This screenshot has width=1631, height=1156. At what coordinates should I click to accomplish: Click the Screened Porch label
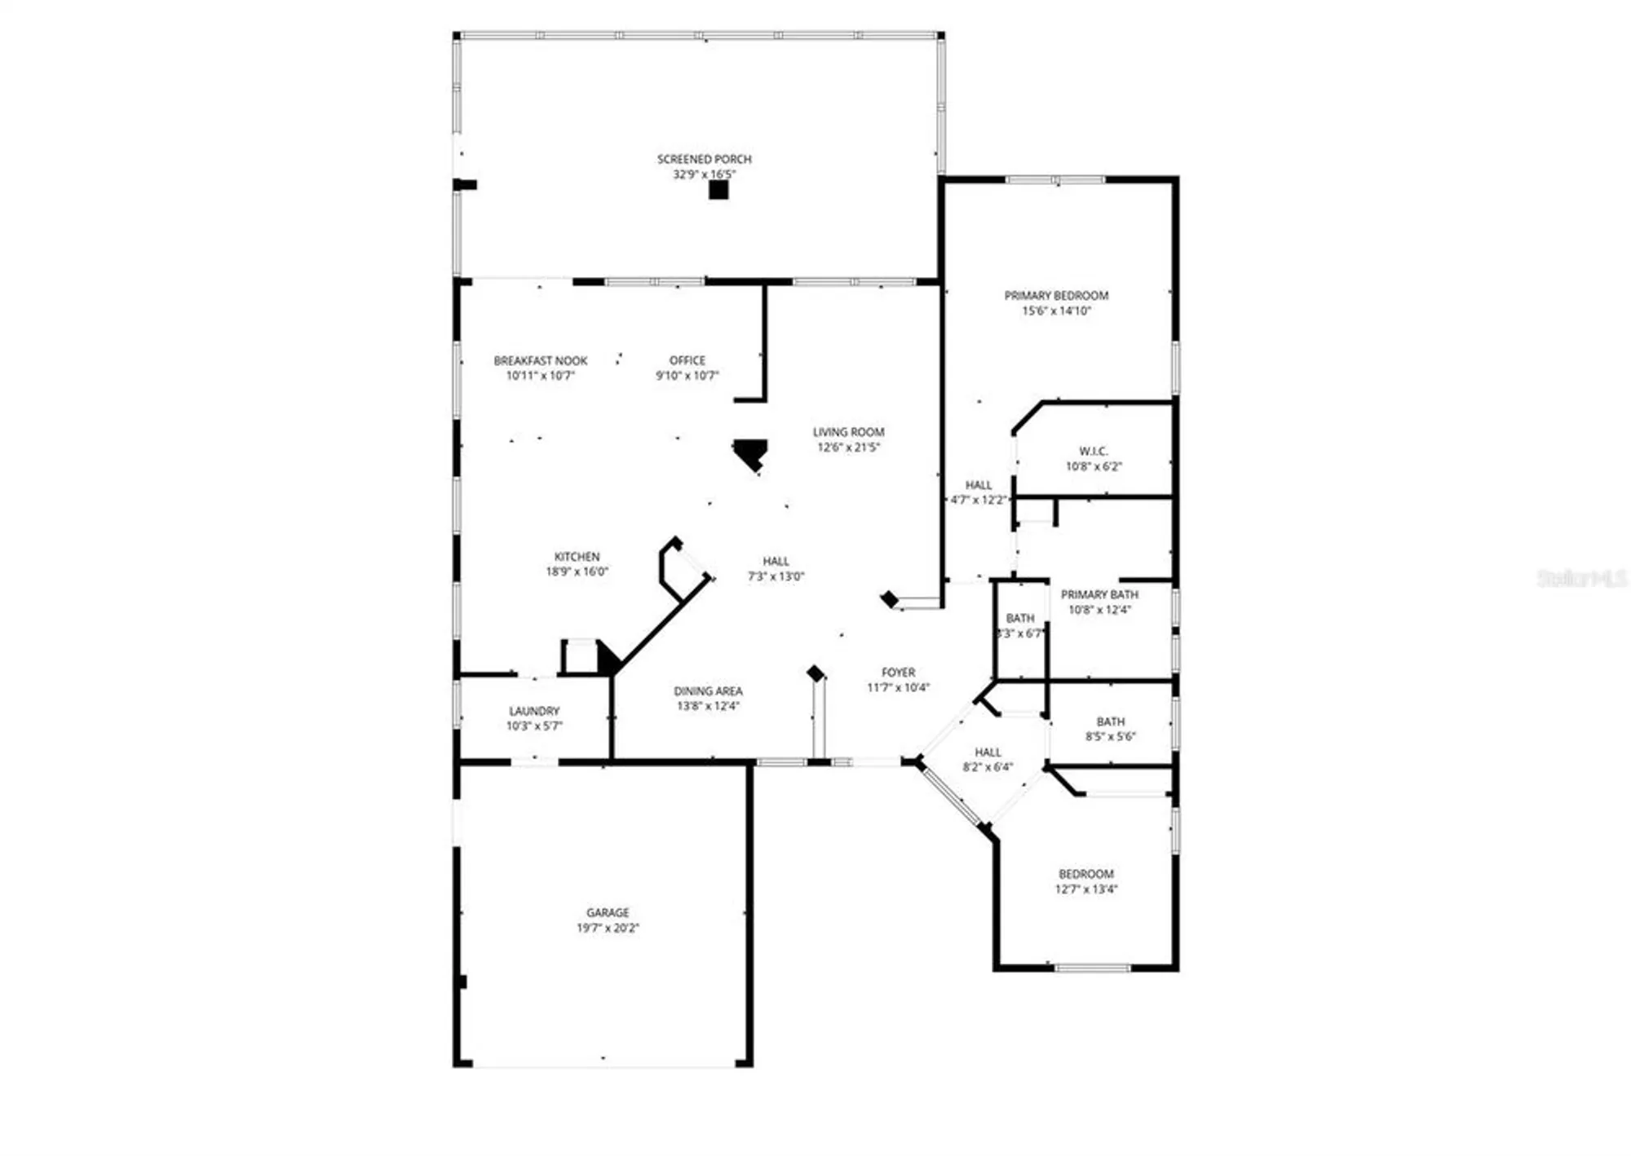[704, 159]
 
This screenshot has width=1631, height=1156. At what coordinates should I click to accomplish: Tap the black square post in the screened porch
[718, 190]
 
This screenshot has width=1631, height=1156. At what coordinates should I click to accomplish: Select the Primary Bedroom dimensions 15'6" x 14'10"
[1056, 311]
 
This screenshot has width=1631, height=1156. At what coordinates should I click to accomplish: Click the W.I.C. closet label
[1093, 451]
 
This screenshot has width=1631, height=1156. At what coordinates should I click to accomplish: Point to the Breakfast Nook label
[540, 360]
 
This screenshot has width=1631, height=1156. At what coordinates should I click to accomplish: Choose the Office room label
[687, 360]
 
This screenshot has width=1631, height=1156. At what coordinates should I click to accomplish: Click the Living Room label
[848, 432]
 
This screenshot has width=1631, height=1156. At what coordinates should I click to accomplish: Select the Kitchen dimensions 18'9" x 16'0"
[577, 571]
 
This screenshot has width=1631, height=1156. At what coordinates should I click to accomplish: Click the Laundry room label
[534, 711]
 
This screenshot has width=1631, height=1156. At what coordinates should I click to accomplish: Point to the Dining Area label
[708, 691]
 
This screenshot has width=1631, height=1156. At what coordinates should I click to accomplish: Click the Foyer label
[898, 673]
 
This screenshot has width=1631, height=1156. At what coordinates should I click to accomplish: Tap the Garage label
[608, 912]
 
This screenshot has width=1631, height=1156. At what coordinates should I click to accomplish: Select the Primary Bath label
[1098, 594]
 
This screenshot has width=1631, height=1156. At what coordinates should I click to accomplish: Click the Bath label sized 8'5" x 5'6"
[1110, 721]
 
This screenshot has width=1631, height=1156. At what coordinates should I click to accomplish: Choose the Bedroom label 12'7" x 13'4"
[1085, 874]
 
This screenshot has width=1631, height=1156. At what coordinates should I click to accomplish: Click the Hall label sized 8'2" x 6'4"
[988, 752]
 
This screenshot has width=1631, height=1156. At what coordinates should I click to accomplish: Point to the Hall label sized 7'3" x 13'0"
[776, 561]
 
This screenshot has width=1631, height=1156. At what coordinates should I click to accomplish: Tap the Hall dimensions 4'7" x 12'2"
[979, 500]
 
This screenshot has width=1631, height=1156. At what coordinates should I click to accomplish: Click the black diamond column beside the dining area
[815, 673]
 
